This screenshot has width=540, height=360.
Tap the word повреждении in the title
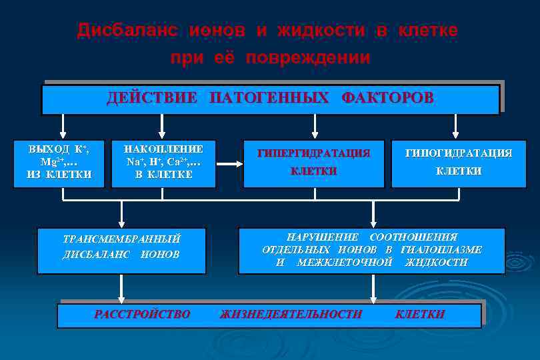point(307,58)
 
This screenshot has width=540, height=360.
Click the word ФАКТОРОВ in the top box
point(387,98)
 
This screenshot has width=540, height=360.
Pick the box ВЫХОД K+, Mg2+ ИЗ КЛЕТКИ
point(59,162)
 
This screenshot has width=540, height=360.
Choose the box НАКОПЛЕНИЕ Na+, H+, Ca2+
point(163,162)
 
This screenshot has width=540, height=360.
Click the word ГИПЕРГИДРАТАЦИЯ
point(313,153)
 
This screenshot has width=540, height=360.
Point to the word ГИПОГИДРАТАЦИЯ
point(459,153)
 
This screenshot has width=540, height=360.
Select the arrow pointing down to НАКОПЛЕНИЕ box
point(161,126)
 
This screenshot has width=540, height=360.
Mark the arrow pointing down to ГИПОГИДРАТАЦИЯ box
point(456,126)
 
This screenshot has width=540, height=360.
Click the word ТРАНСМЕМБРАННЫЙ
point(121,239)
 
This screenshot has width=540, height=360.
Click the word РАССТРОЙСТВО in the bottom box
point(142,314)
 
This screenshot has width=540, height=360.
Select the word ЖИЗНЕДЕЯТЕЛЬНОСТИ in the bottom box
point(291,314)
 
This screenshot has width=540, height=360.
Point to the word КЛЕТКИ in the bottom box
point(420,314)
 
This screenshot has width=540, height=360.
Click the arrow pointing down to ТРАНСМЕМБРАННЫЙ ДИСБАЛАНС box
point(121,215)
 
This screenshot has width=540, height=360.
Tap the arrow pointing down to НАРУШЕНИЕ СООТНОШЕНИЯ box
point(373,215)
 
